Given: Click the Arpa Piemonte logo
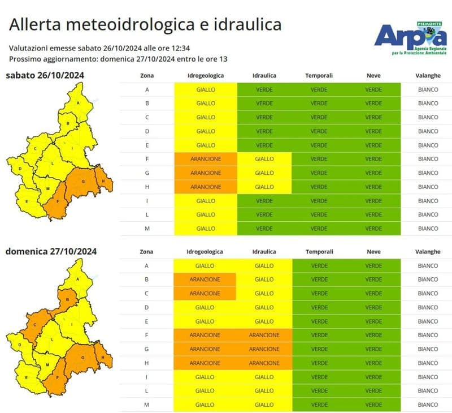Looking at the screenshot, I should pyautogui.click(x=410, y=37).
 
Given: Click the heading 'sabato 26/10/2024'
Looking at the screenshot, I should pyautogui.click(x=45, y=75).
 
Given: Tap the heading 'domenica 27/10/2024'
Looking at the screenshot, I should pyautogui.click(x=51, y=251).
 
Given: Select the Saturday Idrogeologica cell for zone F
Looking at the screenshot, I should pyautogui.click(x=206, y=159).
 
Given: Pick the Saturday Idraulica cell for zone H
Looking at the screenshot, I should pyautogui.click(x=264, y=187).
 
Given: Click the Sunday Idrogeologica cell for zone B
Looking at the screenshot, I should pyautogui.click(x=205, y=279).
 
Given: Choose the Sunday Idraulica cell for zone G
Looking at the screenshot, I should pyautogui.click(x=264, y=349).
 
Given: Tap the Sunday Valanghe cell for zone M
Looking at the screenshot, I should pyautogui.click(x=428, y=405).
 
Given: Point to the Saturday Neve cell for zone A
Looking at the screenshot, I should pyautogui.click(x=373, y=89).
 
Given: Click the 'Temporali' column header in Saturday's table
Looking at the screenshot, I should pyautogui.click(x=319, y=75).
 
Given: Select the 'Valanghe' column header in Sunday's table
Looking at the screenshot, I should pyautogui.click(x=428, y=252).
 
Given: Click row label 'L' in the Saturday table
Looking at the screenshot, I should pyautogui.click(x=146, y=214).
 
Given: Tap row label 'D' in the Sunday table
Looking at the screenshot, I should pyautogui.click(x=146, y=307).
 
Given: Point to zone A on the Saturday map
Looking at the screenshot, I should pyautogui.click(x=77, y=103).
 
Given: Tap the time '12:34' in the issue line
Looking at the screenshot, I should pyautogui.click(x=177, y=49).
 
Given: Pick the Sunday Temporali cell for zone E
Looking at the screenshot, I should pyautogui.click(x=319, y=321).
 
